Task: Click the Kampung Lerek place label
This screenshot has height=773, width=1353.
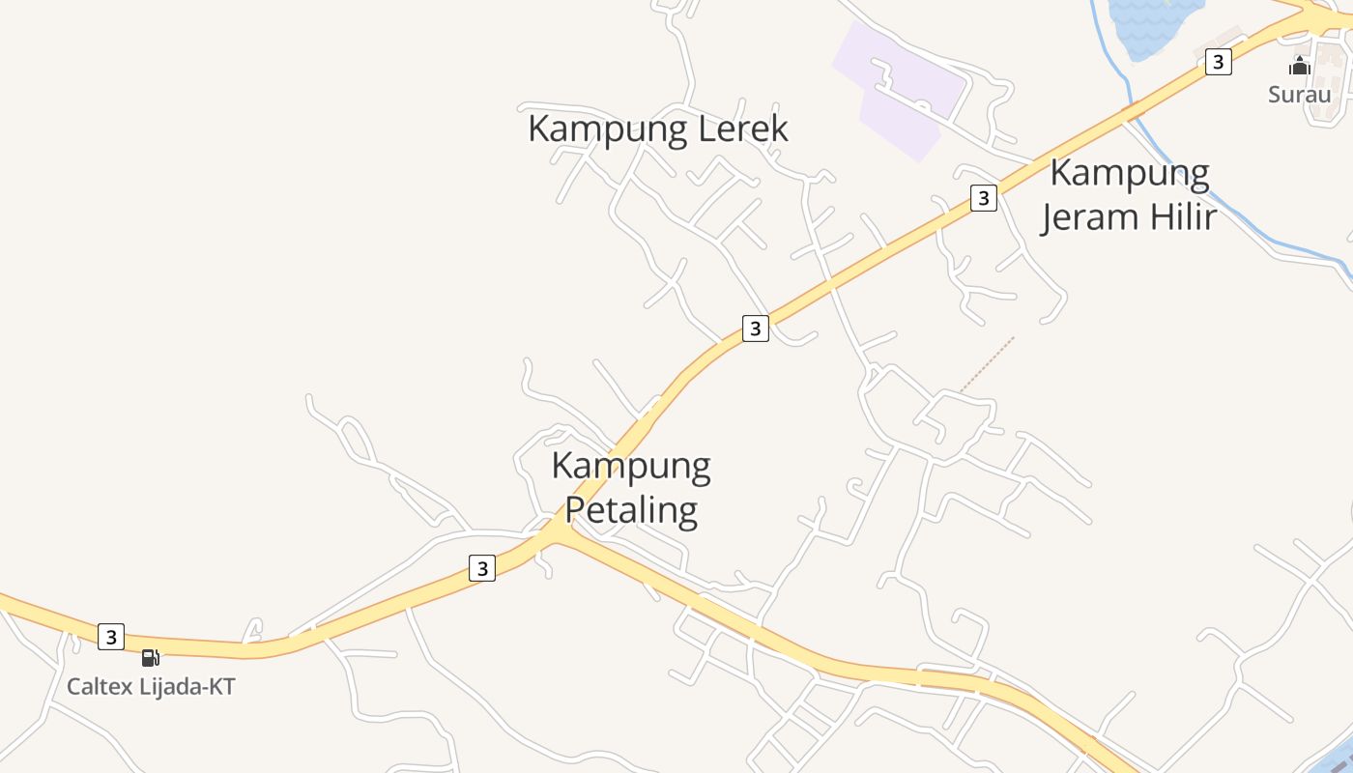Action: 658,129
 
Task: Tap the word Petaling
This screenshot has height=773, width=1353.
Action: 631,509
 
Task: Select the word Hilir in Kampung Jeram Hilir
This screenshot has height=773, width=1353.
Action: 1173,217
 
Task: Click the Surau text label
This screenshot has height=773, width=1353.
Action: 1299,95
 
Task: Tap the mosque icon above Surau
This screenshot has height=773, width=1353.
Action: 1300,66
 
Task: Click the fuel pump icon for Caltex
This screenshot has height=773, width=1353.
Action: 150,658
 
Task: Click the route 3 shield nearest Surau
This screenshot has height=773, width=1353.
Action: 1218,62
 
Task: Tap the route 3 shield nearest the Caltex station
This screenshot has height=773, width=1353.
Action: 111,637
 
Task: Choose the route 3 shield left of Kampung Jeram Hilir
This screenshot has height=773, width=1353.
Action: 983,198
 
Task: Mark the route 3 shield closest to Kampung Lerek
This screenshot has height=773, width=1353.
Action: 755,329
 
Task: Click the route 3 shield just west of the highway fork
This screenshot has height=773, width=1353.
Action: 481,568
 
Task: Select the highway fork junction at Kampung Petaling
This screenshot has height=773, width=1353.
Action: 559,531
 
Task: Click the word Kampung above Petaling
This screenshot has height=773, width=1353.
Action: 631,467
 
